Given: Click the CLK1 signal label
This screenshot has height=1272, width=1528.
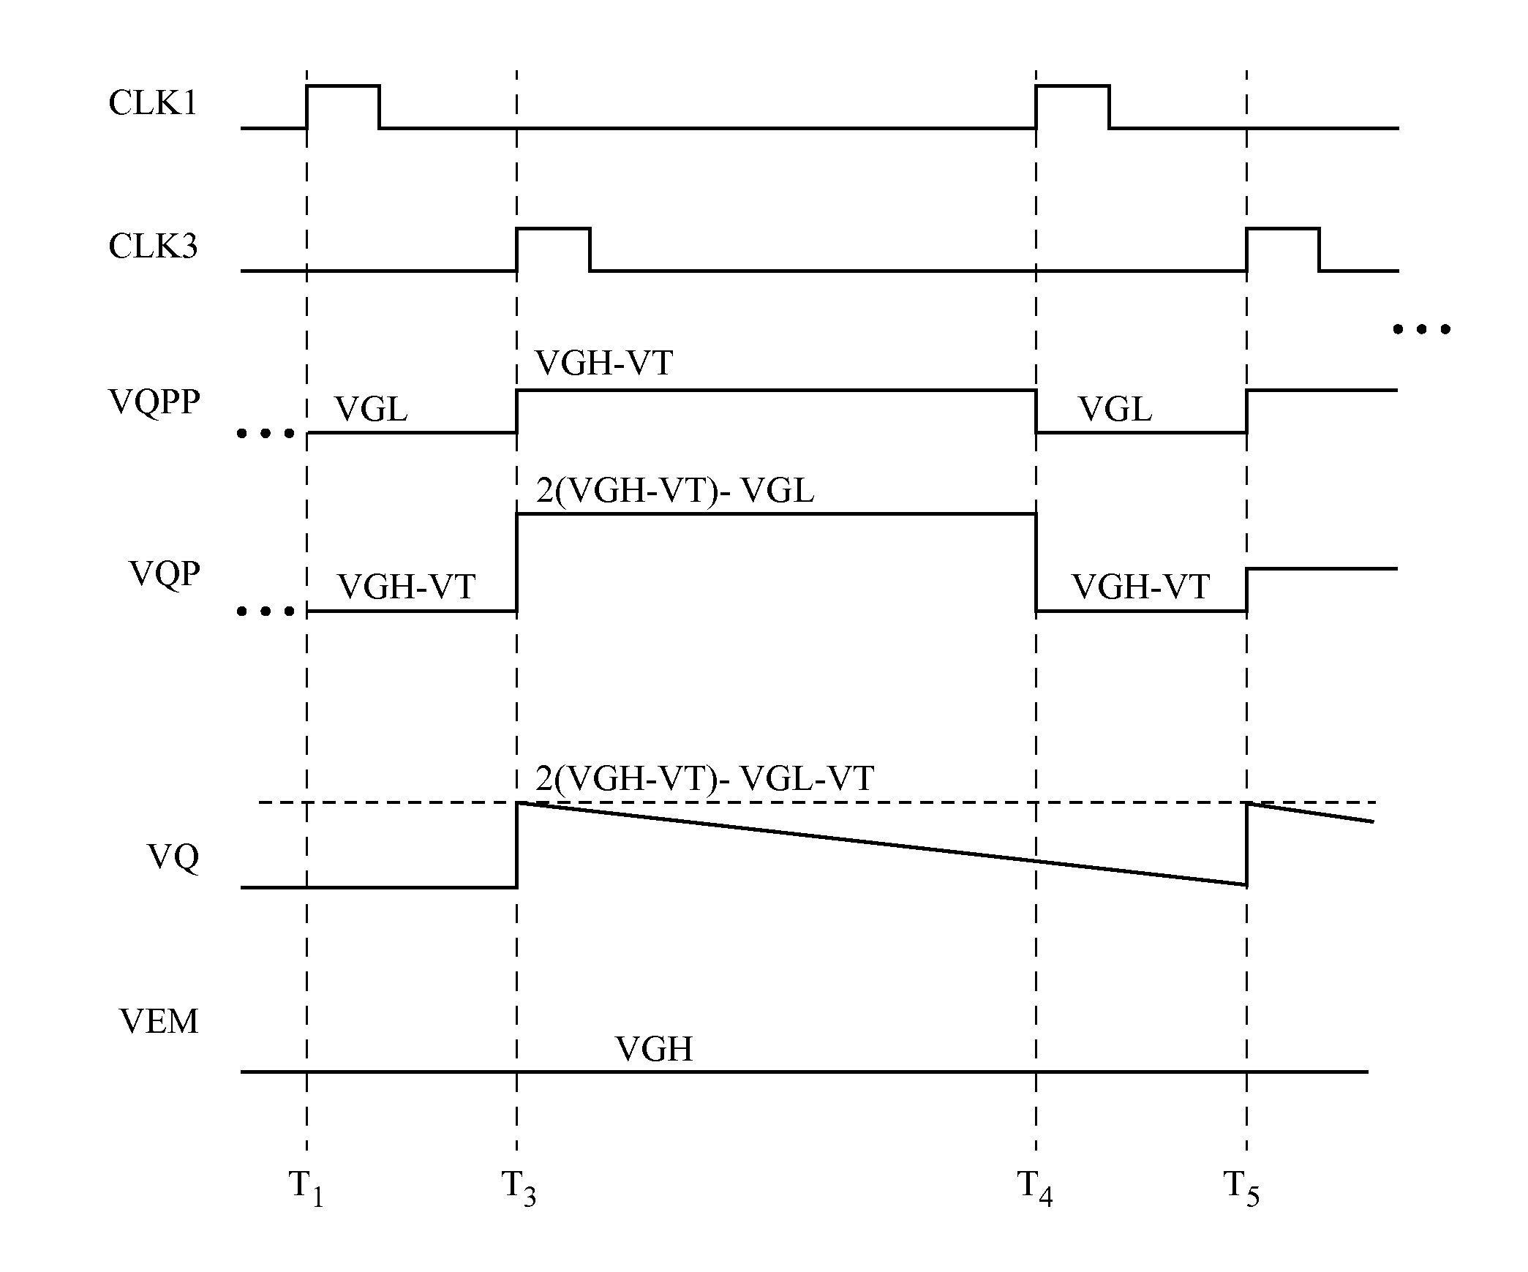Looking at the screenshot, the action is pyautogui.click(x=153, y=103).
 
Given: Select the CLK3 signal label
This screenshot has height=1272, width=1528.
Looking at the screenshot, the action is pyautogui.click(x=153, y=247).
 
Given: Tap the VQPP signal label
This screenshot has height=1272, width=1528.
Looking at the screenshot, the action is pyautogui.click(x=154, y=402).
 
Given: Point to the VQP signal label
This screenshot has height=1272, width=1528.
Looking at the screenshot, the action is pyautogui.click(x=165, y=573).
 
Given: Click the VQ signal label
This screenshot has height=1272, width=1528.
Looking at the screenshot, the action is pyautogui.click(x=173, y=857).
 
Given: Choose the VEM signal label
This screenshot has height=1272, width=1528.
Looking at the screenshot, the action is pyautogui.click(x=159, y=1021).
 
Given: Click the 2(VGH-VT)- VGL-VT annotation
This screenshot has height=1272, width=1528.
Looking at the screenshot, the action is pyautogui.click(x=704, y=779).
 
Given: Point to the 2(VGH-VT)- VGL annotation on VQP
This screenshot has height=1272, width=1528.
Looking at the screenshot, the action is pyautogui.click(x=674, y=491).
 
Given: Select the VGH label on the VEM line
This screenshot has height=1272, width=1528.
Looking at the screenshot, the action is pyautogui.click(x=654, y=1049).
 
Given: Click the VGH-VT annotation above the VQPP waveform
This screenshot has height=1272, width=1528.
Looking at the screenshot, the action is pyautogui.click(x=603, y=364).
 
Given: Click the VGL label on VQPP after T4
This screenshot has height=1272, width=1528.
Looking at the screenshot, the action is pyautogui.click(x=1115, y=410).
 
